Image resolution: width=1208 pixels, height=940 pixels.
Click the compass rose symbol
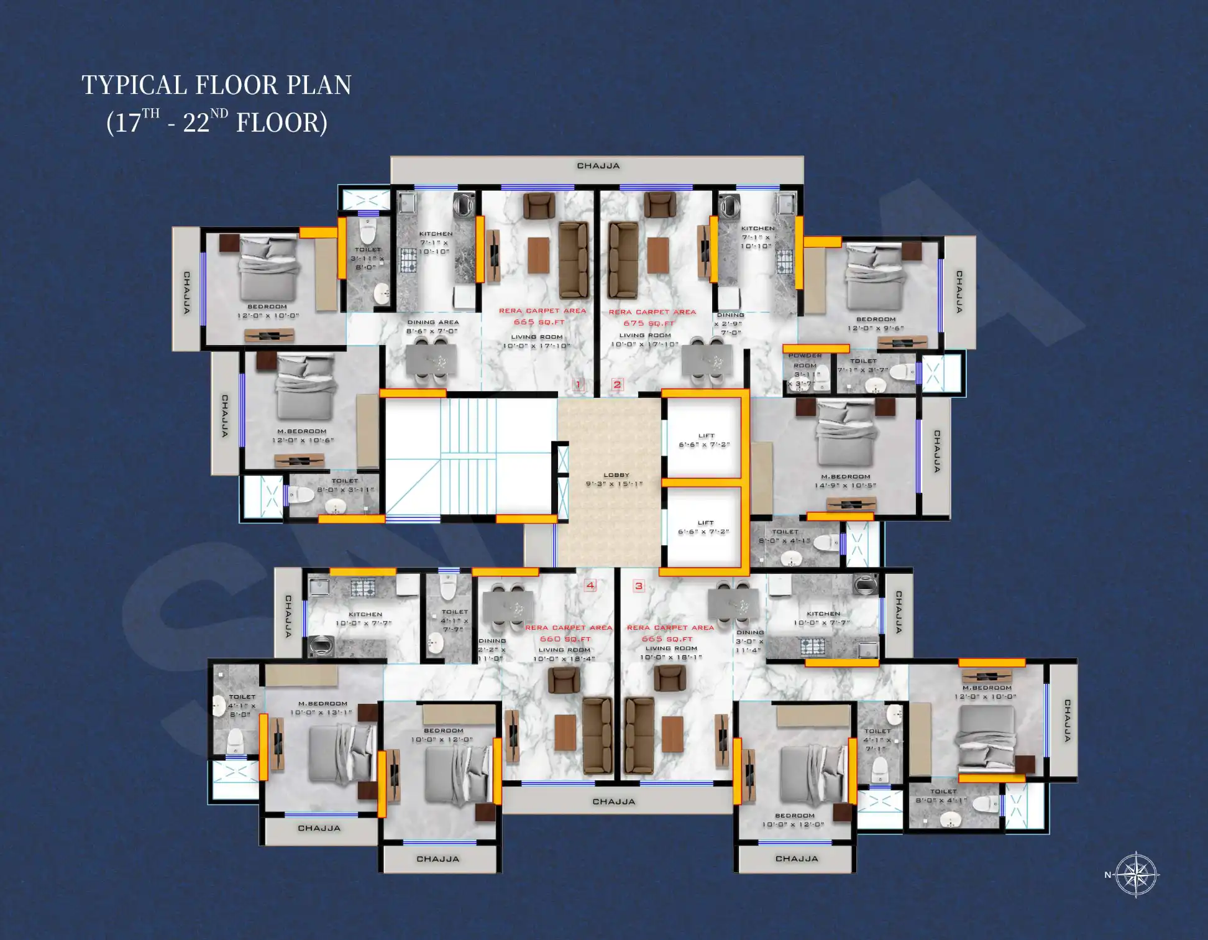(x=1136, y=874)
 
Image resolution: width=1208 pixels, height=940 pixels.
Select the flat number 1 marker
(x=578, y=384)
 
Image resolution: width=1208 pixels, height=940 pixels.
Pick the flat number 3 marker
(x=638, y=586)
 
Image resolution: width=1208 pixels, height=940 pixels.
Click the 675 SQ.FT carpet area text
(x=649, y=323)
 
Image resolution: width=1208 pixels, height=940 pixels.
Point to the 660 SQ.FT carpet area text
(x=565, y=638)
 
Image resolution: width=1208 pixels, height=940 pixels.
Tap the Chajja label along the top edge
(x=598, y=166)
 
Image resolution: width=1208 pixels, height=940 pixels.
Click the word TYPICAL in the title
(x=135, y=85)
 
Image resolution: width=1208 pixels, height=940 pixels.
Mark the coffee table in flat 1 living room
(x=538, y=255)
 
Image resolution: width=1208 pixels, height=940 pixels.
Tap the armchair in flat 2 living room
(x=661, y=205)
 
